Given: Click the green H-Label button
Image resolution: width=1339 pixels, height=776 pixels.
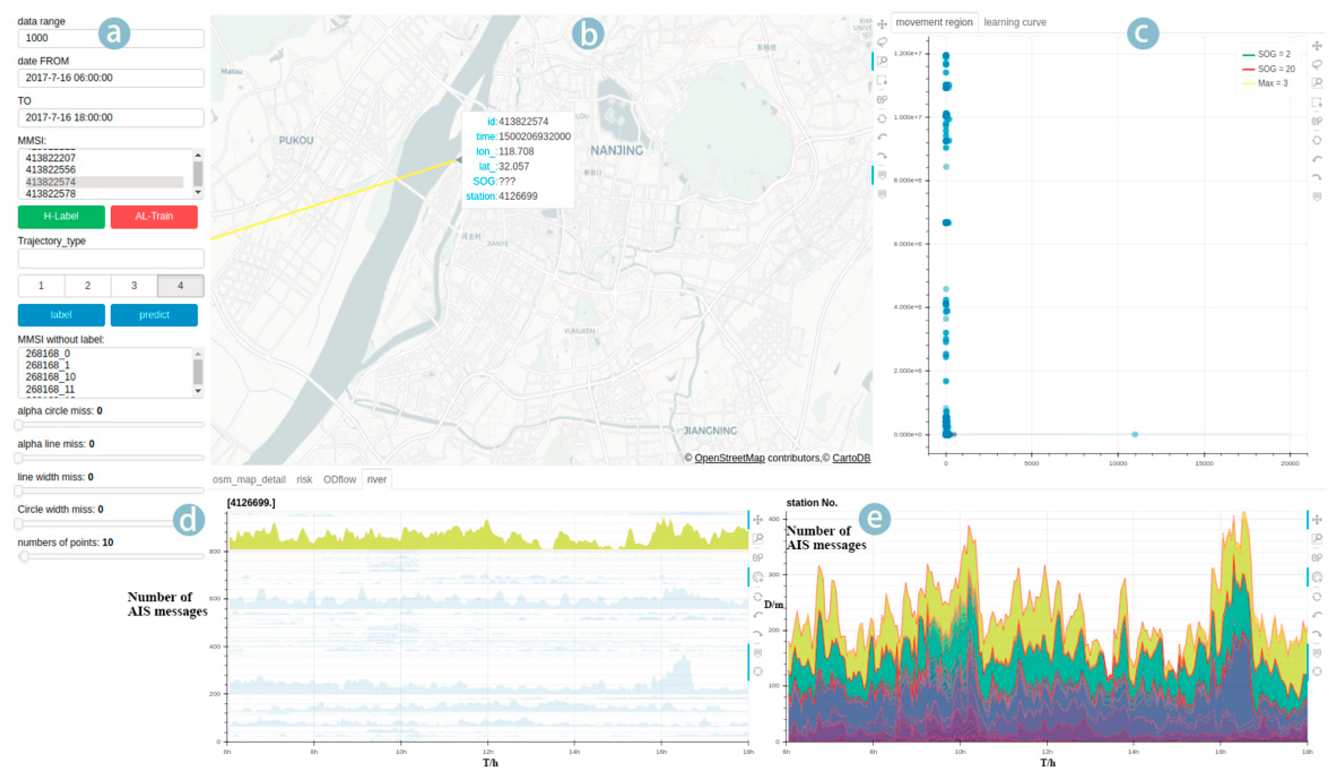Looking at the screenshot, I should tap(61, 216).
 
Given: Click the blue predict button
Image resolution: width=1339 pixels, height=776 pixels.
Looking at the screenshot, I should tap(154, 315).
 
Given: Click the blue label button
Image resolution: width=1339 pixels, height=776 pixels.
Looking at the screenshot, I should tap(61, 315).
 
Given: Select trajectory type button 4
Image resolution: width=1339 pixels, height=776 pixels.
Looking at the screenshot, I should tap(181, 286).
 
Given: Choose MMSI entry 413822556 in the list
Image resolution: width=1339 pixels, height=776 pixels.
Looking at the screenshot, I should tap(51, 170).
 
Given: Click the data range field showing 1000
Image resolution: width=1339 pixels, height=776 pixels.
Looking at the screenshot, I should tap(111, 38).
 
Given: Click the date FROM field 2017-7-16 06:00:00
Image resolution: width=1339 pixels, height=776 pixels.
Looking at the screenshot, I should tap(111, 78).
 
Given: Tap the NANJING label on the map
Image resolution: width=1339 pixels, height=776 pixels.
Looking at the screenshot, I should tap(616, 150).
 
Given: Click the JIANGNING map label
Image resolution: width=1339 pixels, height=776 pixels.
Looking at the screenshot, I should tap(710, 431).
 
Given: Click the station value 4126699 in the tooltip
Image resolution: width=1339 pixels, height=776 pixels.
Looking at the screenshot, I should tap(517, 196).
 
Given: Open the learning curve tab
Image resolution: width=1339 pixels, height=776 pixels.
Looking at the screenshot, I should tap(1014, 22).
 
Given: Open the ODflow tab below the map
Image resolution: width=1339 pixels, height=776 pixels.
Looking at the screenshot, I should tap(340, 480).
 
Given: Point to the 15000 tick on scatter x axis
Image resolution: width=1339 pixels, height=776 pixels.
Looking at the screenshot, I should tap(1203, 463).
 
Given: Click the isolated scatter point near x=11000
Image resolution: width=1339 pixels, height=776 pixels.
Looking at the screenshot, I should tap(1135, 434).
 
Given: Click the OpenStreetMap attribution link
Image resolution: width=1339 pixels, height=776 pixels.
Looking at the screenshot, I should tap(729, 458).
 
